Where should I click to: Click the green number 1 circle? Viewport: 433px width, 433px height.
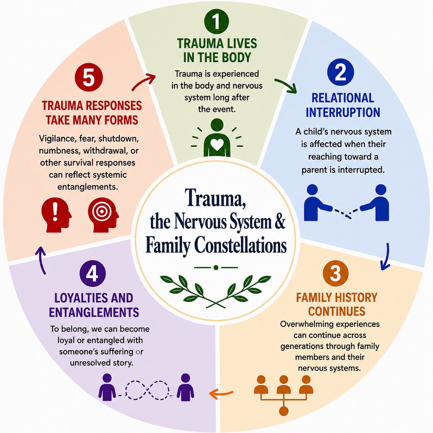coord(216,21)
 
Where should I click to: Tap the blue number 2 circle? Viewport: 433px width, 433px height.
coord(341,72)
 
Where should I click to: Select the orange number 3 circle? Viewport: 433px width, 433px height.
coord(335,273)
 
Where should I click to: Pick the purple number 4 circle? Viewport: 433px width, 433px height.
coord(93,273)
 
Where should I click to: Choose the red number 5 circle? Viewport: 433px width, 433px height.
coord(89,77)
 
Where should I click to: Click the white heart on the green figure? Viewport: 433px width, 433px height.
coord(217,144)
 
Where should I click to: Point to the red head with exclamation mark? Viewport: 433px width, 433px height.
coord(56,215)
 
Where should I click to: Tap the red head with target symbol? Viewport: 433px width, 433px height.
coord(103,215)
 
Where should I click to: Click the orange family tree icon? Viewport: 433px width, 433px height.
coord(283,395)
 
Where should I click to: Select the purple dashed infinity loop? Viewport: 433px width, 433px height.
coord(147,390)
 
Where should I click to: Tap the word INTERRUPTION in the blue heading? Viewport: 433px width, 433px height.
coord(343,112)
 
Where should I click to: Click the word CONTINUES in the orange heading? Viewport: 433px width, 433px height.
coord(337,311)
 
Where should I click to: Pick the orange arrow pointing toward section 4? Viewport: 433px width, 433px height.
coord(221,393)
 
